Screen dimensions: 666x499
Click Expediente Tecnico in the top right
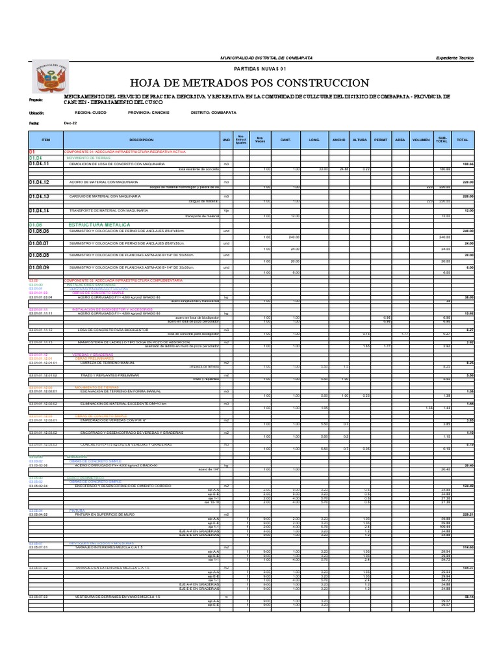(455, 58)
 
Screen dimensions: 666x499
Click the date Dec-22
(70, 122)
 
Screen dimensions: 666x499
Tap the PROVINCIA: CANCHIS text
(151, 112)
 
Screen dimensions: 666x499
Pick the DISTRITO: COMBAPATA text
(214, 112)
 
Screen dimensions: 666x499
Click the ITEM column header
(45, 140)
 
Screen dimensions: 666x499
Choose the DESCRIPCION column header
(142, 140)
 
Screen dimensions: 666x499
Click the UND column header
(226, 140)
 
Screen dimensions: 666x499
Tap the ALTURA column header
(359, 140)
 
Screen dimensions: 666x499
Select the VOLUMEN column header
(421, 140)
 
